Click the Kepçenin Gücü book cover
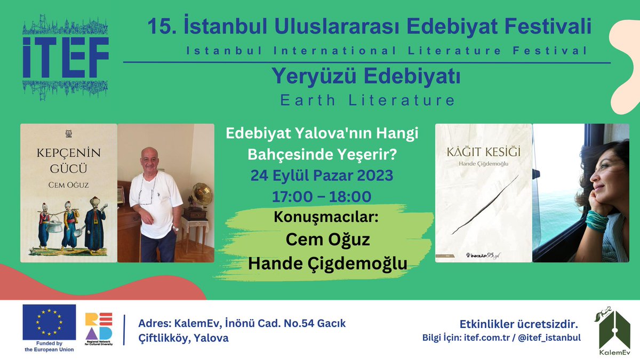(68, 193)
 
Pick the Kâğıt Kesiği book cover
(484, 193)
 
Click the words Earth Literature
(363, 100)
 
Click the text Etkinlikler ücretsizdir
(519, 324)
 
